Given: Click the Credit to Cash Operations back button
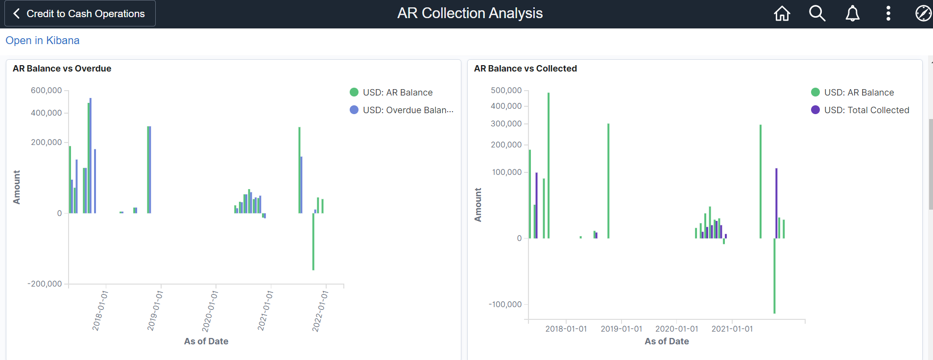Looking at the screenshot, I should (x=80, y=14).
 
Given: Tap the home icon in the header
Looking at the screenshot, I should (x=782, y=14).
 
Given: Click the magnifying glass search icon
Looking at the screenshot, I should (x=817, y=14).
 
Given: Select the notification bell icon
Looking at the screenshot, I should (x=853, y=14).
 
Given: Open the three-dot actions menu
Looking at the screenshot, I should (x=888, y=14).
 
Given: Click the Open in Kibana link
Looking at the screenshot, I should (x=43, y=41).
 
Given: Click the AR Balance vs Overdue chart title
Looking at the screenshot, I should (x=62, y=69).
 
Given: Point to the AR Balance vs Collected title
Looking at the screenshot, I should (x=525, y=69).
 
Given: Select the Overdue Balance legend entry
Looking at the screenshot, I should (x=407, y=110).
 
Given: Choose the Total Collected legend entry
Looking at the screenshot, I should (x=866, y=110).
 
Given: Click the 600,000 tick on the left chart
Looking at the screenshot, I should (x=47, y=91).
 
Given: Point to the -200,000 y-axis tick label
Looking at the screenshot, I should (x=45, y=284).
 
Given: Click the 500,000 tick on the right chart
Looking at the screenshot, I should (x=506, y=91).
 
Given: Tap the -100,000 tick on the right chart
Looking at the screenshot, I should (x=505, y=305).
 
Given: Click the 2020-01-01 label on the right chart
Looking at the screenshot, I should (x=676, y=329).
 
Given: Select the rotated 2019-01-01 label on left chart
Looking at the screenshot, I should (x=155, y=311).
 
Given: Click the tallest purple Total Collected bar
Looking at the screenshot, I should (x=776, y=203).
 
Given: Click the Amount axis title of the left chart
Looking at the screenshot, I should (x=17, y=187).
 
